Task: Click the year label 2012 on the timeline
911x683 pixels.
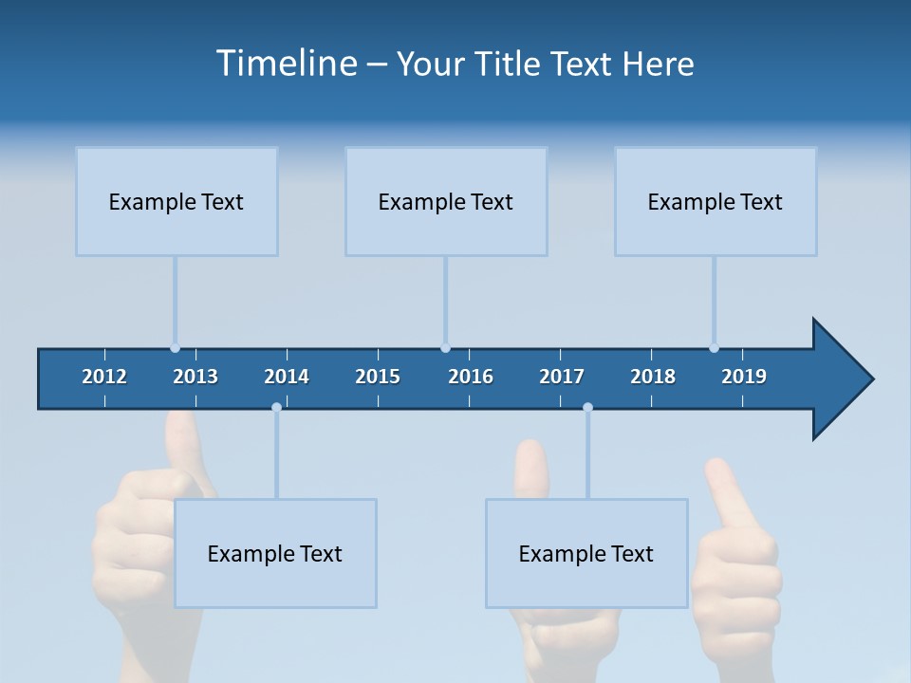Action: (x=104, y=377)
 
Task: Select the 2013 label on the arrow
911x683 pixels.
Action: (x=195, y=377)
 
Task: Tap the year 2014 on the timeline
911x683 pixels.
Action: (x=287, y=377)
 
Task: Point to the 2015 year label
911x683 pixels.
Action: (x=378, y=377)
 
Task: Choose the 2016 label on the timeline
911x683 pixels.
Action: (x=471, y=377)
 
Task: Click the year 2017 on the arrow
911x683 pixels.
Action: (x=562, y=377)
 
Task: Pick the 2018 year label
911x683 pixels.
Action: (x=653, y=377)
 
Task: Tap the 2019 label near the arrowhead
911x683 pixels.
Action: (x=744, y=377)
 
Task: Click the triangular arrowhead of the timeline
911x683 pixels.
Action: (x=841, y=379)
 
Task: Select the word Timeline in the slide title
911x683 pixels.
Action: (x=287, y=64)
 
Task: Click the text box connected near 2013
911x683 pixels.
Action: (x=177, y=201)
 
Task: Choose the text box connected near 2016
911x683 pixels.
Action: (x=446, y=201)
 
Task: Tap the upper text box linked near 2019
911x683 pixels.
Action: (x=716, y=201)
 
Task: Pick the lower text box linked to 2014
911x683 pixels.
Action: (x=275, y=553)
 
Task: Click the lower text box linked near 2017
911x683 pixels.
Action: (x=586, y=553)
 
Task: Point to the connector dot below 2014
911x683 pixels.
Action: (x=276, y=407)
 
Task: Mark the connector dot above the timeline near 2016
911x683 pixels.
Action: (x=445, y=348)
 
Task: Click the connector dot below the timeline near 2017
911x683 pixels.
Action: (x=587, y=407)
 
